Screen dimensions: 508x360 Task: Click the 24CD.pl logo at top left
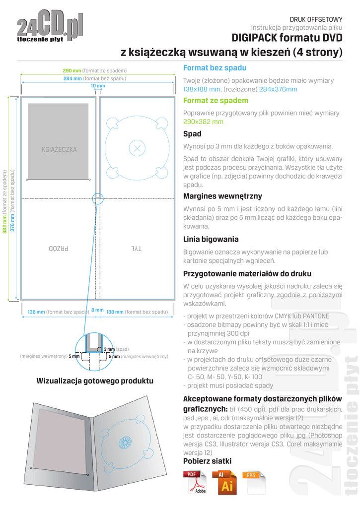(x=50, y=29)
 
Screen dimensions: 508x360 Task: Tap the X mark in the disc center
(x=138, y=147)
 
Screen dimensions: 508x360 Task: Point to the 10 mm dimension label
(x=98, y=86)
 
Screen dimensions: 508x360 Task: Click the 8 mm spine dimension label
(x=98, y=310)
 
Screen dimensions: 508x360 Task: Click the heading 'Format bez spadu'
(x=215, y=68)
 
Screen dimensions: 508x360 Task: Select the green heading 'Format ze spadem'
(x=216, y=100)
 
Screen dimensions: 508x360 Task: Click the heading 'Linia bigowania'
(x=211, y=239)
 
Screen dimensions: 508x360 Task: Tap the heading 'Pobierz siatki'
(x=207, y=461)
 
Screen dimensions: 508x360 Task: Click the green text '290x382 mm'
(x=203, y=122)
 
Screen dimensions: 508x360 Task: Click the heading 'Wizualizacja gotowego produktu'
(x=95, y=381)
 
